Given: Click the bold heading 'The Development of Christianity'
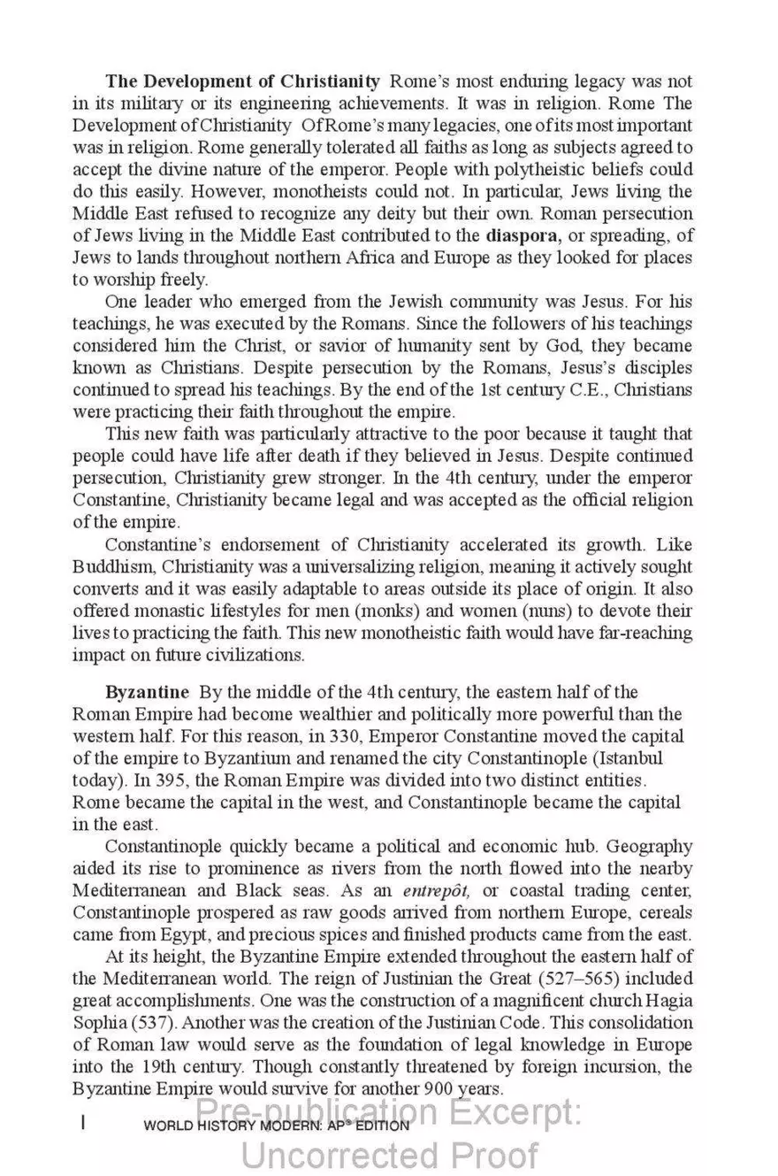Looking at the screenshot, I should coord(243,81).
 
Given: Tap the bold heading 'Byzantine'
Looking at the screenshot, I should coord(147,692).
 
